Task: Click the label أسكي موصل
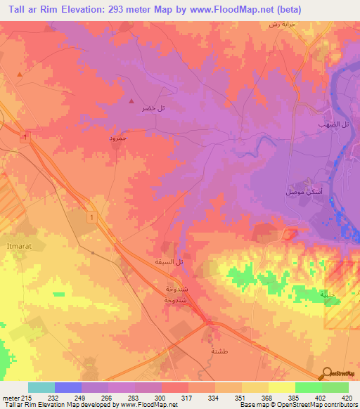click(x=290, y=192)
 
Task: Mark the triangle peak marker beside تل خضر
click(x=131, y=101)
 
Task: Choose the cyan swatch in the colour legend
click(x=41, y=387)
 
